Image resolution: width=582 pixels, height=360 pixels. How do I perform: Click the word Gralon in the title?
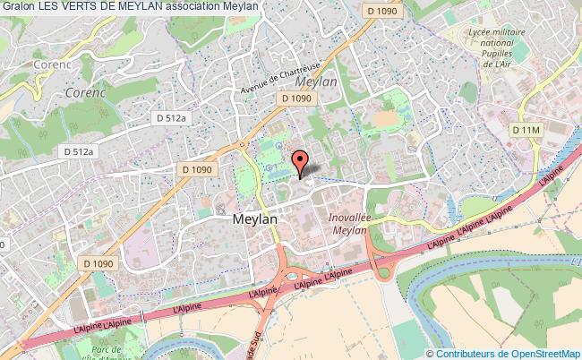(x=18, y=6)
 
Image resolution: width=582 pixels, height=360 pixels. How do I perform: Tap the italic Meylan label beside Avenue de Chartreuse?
(x=315, y=81)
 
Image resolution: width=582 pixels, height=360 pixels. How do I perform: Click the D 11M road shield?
(x=527, y=131)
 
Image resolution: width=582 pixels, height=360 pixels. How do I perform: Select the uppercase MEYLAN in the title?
(x=141, y=6)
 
